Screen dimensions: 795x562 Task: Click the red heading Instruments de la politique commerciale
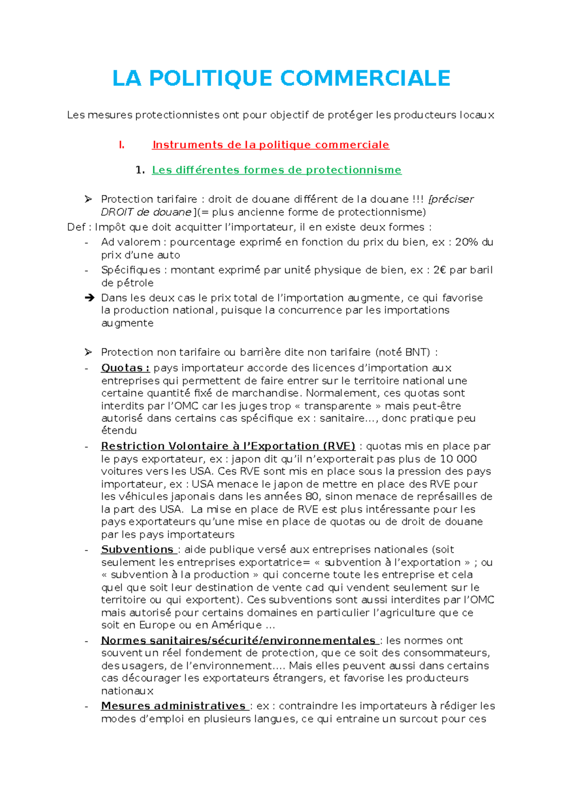pyautogui.click(x=271, y=145)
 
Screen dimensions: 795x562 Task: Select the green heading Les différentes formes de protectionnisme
pyautogui.click(x=276, y=170)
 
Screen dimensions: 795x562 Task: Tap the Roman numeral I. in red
pyautogui.click(x=122, y=145)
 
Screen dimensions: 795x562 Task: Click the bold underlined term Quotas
pyautogui.click(x=125, y=368)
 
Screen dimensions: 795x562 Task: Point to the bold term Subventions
pyautogui.click(x=138, y=549)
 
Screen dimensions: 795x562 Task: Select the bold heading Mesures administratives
pyautogui.click(x=174, y=706)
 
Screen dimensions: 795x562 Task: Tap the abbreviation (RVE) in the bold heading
pyautogui.click(x=339, y=446)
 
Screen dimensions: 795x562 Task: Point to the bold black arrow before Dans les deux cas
pyautogui.click(x=89, y=297)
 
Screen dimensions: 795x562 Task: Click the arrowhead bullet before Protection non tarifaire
pyautogui.click(x=89, y=352)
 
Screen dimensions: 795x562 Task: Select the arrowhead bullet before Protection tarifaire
pyautogui.click(x=89, y=199)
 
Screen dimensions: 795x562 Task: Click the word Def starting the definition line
pyautogui.click(x=76, y=227)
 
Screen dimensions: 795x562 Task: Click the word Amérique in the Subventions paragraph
pyautogui.click(x=236, y=625)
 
